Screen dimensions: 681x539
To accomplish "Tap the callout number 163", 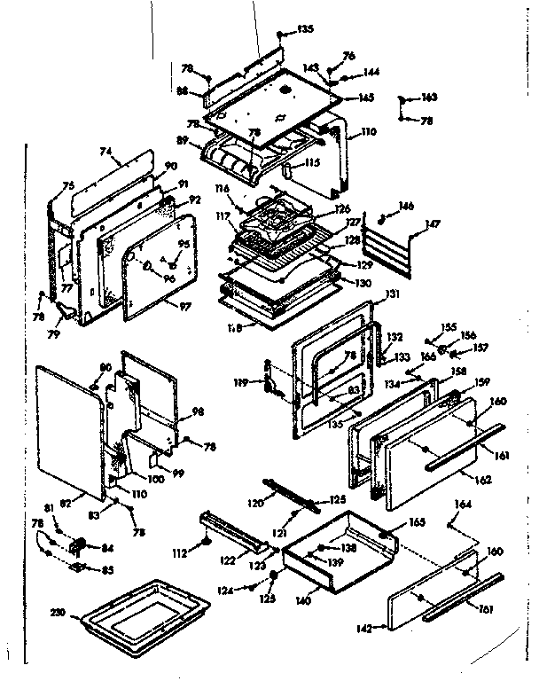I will click(x=429, y=97).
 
